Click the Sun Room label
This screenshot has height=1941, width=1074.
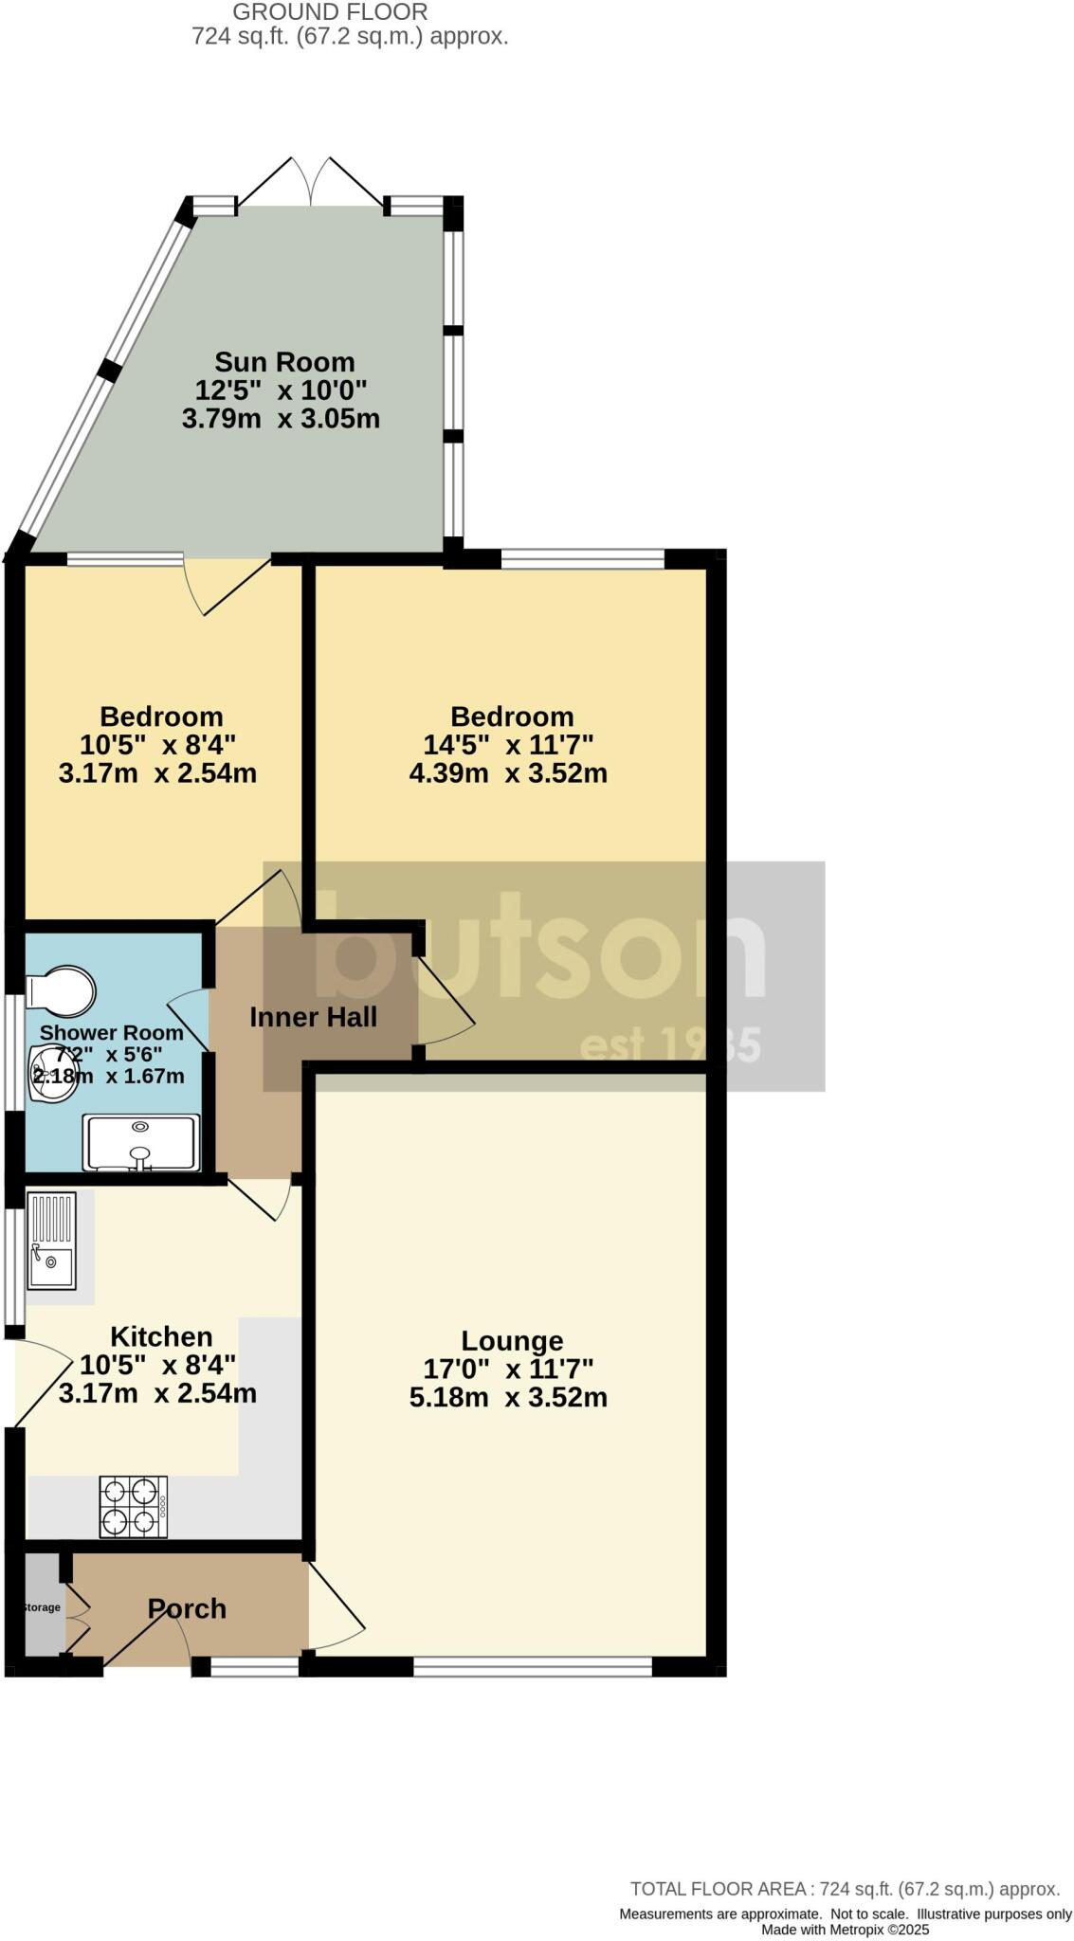284,362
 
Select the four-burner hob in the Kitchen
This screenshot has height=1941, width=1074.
134,1507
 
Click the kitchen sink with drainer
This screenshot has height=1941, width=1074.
51,1241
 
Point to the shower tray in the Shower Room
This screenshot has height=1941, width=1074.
142,1143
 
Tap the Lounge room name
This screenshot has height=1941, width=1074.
512,1341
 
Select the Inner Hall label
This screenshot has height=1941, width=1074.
313,1017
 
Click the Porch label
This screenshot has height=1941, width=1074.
187,1608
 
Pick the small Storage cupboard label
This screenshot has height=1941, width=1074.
41,1607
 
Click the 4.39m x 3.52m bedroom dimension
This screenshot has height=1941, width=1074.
508,773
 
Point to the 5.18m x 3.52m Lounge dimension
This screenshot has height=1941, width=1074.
508,1397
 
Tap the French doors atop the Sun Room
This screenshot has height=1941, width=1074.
312,180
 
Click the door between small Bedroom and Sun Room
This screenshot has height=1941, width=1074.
228,583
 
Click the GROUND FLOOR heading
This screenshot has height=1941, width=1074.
330,12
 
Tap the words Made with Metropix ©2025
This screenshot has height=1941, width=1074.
845,1930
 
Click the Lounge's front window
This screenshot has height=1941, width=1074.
532,1665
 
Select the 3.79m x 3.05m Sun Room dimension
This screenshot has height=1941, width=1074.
281,418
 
